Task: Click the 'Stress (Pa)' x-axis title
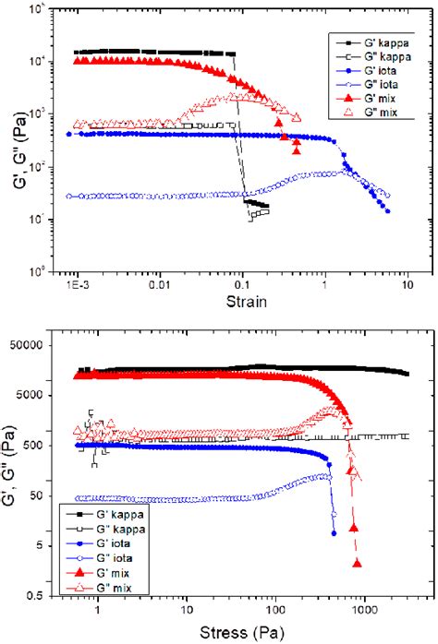(237, 634)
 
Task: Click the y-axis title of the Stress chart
(14, 471)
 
